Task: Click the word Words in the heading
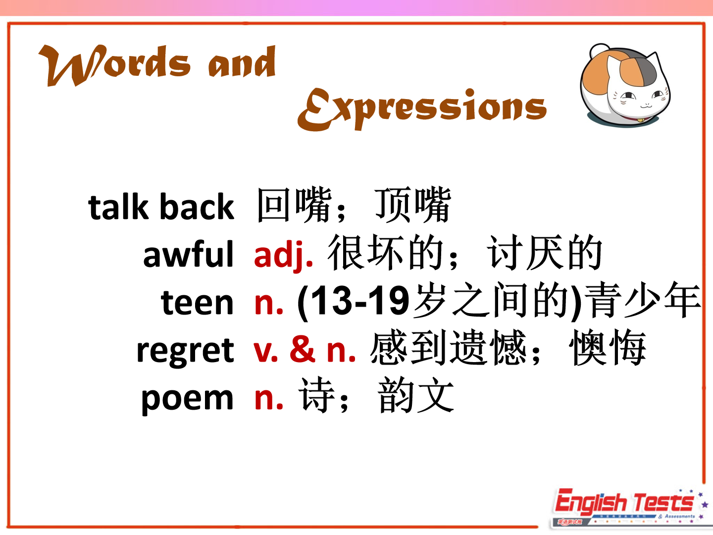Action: [114, 65]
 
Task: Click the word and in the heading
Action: [242, 62]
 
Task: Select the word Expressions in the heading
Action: [422, 109]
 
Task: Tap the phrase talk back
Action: [161, 207]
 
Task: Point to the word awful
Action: [189, 254]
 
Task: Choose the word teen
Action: [197, 303]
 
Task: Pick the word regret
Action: [185, 351]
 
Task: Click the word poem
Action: [188, 399]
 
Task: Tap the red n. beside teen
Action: [269, 304]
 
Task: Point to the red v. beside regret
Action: [266, 352]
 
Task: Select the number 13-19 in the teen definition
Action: [354, 301]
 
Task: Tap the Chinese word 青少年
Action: [645, 300]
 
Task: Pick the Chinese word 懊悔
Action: [608, 348]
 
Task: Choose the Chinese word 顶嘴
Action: [413, 205]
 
